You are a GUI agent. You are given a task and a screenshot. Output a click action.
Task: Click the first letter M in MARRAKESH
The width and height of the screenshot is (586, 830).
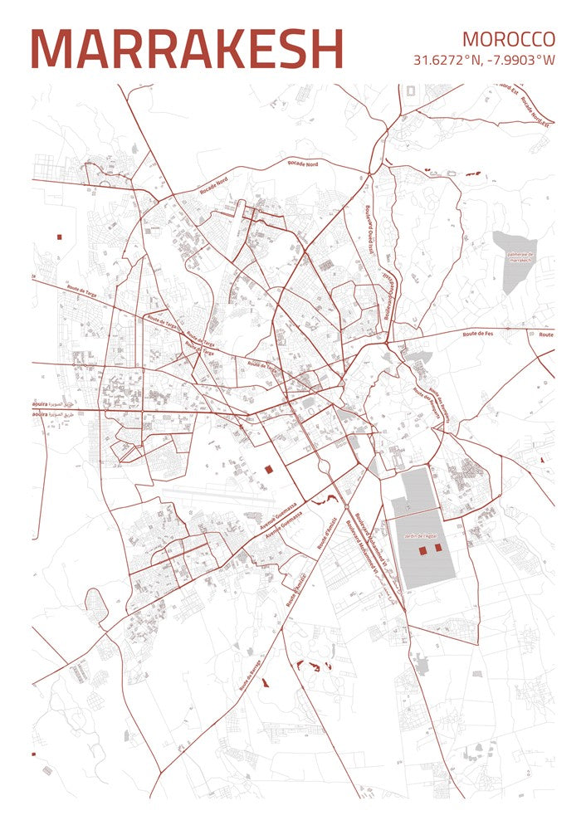coord(51,50)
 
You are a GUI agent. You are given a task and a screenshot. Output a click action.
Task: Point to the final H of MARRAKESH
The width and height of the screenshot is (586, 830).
coord(325,50)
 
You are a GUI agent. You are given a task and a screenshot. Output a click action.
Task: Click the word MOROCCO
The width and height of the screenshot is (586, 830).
coord(508,39)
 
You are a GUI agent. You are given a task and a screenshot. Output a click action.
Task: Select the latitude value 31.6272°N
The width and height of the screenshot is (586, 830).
coord(447,60)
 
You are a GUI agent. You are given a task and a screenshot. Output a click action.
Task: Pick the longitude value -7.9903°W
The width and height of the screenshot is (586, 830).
coord(521,60)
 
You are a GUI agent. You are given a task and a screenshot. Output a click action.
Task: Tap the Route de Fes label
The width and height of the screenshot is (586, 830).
coord(480,333)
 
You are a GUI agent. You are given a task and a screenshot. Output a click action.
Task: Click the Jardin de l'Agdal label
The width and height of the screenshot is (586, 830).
coord(422,537)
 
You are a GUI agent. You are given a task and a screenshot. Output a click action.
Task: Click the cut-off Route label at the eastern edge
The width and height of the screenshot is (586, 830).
coord(545,334)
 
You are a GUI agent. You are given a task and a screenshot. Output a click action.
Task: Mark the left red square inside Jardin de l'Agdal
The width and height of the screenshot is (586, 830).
coord(422,549)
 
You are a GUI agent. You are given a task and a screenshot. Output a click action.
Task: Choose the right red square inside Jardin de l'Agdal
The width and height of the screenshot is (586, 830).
coord(438,548)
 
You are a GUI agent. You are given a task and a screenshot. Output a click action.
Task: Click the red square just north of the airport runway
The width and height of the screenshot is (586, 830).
coord(268,469)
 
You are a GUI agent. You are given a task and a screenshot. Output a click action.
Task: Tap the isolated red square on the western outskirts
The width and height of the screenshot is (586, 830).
coord(59,237)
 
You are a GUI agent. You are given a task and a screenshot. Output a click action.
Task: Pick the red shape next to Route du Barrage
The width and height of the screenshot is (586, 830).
coord(266,683)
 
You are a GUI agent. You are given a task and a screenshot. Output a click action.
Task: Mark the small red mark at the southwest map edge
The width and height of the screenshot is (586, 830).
coord(34,754)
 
